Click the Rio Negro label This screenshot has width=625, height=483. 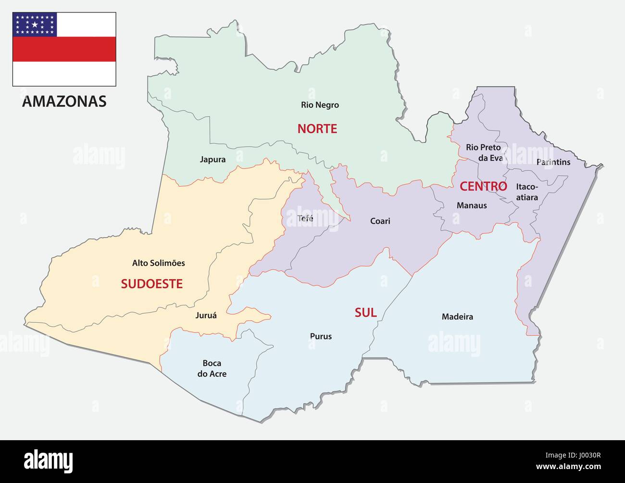coord(320,105)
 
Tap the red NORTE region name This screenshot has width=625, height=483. coord(317,128)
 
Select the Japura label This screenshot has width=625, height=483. coord(212,160)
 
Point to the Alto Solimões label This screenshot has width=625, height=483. coord(158,263)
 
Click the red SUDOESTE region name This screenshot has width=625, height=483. coord(151,284)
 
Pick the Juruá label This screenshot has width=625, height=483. coord(206,316)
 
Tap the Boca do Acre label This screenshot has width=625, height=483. coord(212,369)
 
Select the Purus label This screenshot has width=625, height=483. coord(321,336)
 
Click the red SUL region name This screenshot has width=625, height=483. coord(365,313)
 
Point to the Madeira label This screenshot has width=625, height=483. coord(457,317)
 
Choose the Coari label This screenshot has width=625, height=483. coord(380,221)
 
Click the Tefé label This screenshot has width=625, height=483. coord(305,218)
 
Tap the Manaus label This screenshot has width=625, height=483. coord(472,205)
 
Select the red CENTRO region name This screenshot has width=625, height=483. coord(483,186)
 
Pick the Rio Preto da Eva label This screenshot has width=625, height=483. coord(483,153)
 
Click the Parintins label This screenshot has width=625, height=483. coord(553,162)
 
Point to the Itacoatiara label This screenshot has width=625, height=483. coord(527,192)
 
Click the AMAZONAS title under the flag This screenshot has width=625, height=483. coord(64,102)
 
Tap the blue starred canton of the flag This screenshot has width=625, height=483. coord(35,25)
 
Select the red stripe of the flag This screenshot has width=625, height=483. coord(64,49)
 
